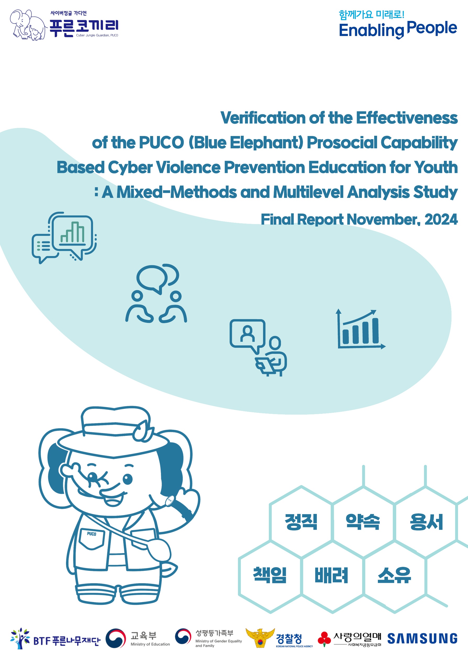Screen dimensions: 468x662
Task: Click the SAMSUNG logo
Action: [422, 638]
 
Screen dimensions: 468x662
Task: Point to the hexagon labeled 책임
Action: [270, 576]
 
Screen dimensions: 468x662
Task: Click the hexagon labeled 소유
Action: [394, 576]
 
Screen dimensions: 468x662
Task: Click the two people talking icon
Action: [156, 293]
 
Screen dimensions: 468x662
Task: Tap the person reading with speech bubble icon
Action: [258, 348]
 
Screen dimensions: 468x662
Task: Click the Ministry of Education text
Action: [150, 644]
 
